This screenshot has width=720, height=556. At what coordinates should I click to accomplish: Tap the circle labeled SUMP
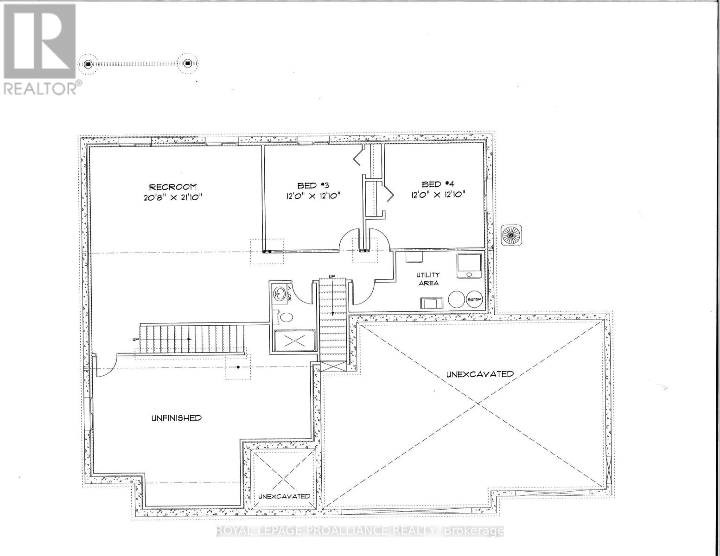click(474, 300)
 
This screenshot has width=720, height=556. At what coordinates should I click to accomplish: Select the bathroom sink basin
click(280, 293)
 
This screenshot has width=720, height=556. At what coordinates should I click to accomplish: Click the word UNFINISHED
click(176, 418)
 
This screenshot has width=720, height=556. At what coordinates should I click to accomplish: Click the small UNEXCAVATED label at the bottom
click(284, 496)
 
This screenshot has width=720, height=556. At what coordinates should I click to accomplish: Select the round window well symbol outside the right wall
click(511, 235)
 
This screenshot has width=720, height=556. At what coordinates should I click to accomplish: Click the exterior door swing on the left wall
click(103, 366)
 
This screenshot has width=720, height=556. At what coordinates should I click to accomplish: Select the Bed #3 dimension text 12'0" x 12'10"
click(313, 196)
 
